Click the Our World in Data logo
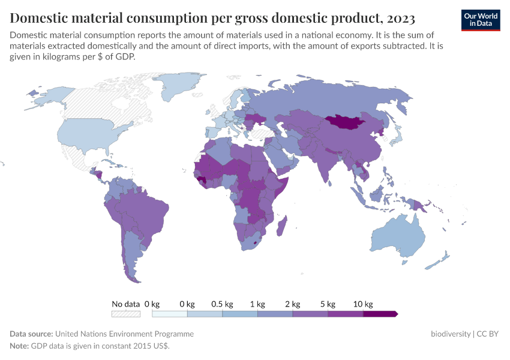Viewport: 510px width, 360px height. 481,20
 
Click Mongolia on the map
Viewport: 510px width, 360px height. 349,122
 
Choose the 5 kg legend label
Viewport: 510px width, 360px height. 328,304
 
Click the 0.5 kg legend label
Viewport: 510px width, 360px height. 222,304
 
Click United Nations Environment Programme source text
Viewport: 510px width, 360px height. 124,334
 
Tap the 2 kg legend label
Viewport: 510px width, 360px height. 293,304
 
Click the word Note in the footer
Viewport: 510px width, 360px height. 19,346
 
